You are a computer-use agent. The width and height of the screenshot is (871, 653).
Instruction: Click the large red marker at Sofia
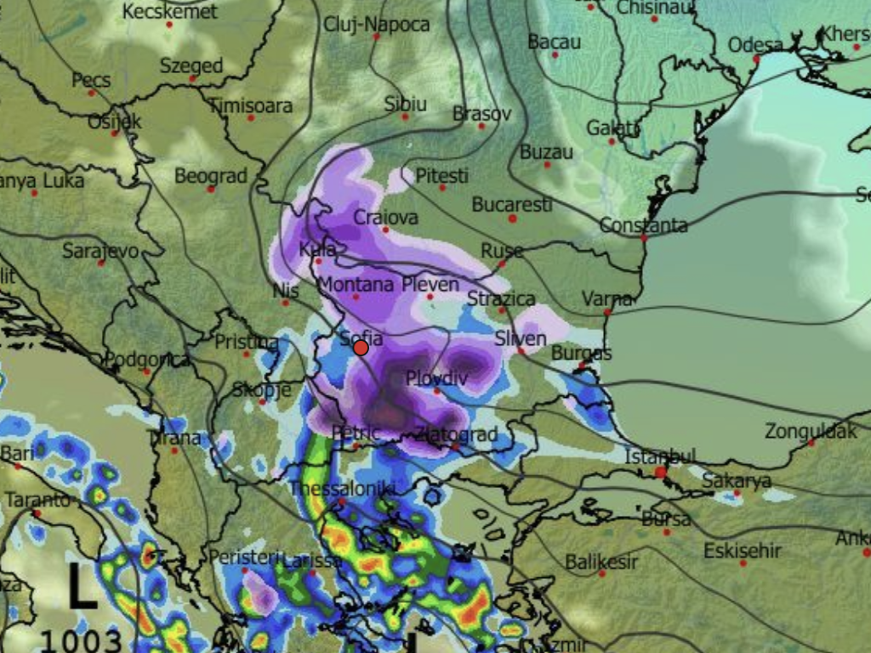pyautogui.click(x=361, y=348)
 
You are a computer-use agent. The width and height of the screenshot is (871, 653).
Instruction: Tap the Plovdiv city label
pyautogui.click(x=437, y=378)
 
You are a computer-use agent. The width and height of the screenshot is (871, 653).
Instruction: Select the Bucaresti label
pyautogui.click(x=512, y=205)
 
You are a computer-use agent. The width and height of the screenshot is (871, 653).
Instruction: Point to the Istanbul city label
pyautogui.click(x=660, y=457)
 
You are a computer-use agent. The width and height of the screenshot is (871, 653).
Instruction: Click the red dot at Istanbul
pyautogui.click(x=660, y=471)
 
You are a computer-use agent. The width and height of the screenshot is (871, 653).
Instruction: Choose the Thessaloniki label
pyautogui.click(x=342, y=489)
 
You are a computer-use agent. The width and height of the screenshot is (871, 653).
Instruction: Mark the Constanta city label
pyautogui.click(x=643, y=225)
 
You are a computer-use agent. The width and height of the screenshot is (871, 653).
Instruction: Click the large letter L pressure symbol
pyautogui.click(x=82, y=588)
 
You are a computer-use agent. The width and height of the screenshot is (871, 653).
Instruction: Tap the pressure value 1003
pyautogui.click(x=81, y=639)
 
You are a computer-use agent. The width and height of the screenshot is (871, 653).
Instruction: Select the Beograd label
pyautogui.click(x=210, y=176)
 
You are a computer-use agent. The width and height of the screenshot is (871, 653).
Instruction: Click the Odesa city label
pyautogui.click(x=755, y=45)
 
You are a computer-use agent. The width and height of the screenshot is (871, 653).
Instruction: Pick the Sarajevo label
pyautogui.click(x=100, y=251)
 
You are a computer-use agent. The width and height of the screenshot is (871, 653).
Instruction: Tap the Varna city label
pyautogui.click(x=607, y=299)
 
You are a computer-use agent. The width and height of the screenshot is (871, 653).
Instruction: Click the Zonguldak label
pyautogui.click(x=811, y=431)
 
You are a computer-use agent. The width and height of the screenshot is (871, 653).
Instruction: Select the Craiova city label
pyautogui.click(x=385, y=217)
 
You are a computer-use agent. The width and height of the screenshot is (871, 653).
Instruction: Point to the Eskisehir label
pyautogui.click(x=742, y=551)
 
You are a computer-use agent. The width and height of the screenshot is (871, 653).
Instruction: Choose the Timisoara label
pyautogui.click(x=250, y=106)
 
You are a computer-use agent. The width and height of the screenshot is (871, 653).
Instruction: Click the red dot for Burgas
pyautogui.click(x=581, y=366)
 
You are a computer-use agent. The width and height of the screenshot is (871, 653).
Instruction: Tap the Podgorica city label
pyautogui.click(x=146, y=360)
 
